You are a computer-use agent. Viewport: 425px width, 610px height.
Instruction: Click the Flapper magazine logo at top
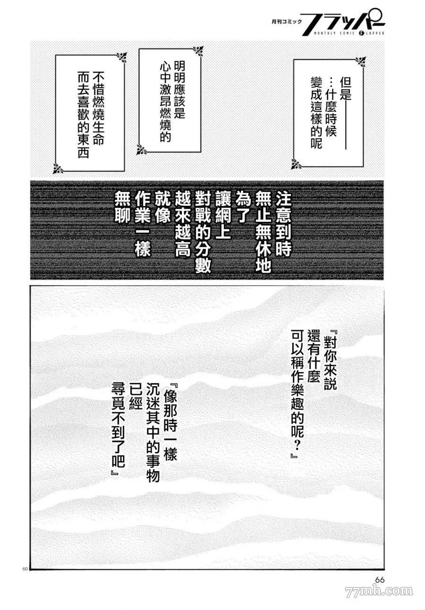click(x=344, y=22)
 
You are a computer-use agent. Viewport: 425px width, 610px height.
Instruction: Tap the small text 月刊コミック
click(x=287, y=22)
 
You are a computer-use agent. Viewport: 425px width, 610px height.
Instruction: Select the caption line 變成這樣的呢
click(x=316, y=112)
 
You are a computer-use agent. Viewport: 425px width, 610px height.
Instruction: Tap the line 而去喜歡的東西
click(x=83, y=115)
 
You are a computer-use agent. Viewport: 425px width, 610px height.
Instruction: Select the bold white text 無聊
click(x=122, y=207)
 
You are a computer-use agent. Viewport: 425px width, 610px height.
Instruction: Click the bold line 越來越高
click(x=183, y=224)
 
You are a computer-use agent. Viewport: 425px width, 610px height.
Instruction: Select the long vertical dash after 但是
click(x=346, y=126)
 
